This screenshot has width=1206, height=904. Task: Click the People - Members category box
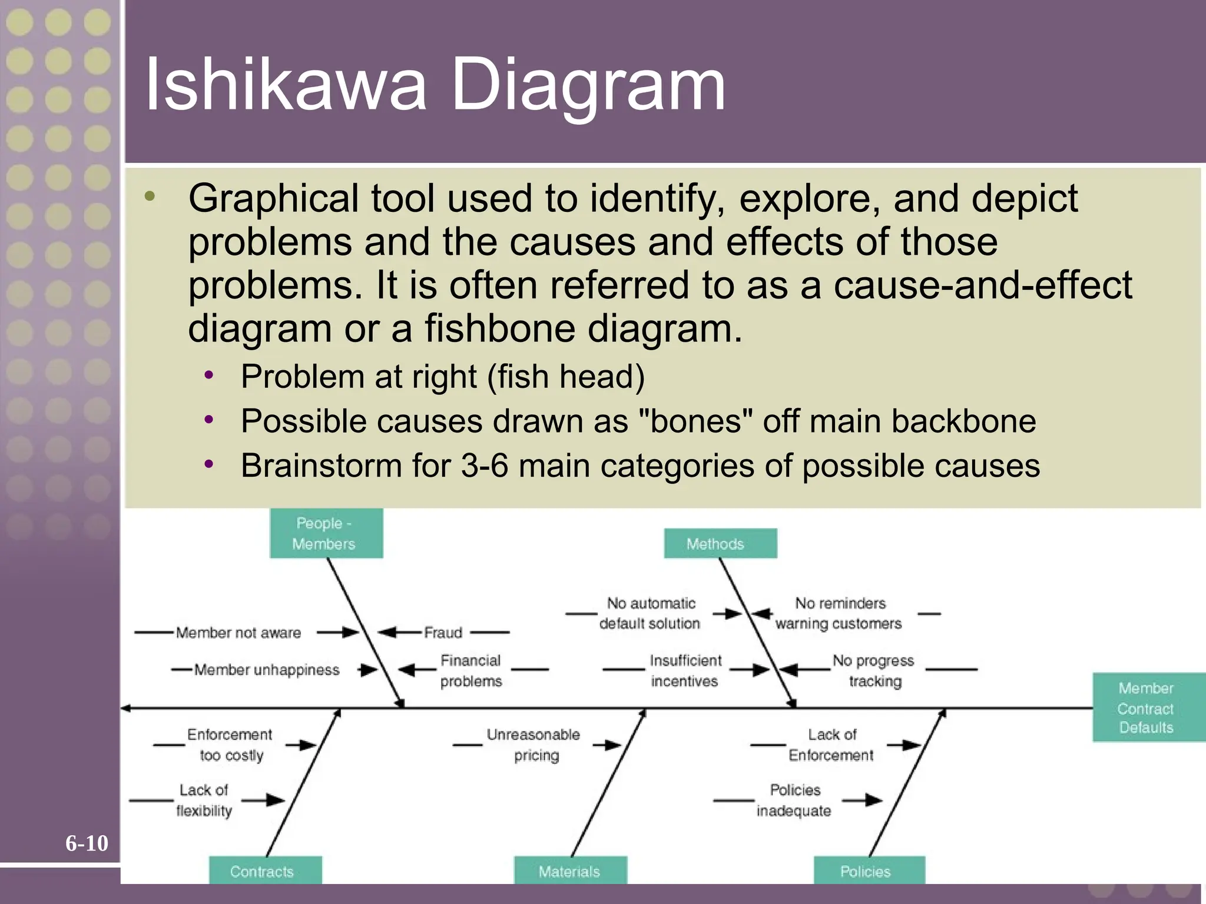326,533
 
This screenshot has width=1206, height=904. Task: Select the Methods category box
720,543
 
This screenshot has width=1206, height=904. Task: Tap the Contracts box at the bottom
265,870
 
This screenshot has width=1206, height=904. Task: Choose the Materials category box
570,870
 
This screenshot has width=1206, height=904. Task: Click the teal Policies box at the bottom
869,870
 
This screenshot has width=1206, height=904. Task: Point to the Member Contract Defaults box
1147,707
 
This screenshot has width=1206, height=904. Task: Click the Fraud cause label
443,633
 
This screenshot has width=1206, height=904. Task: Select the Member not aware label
238,633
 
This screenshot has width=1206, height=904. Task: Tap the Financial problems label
471,670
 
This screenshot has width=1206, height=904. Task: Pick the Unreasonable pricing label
534,745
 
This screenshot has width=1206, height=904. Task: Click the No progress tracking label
874,670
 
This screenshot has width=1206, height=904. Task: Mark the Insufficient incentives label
685,670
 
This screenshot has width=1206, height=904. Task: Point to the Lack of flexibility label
204,800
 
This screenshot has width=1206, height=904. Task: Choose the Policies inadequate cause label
794,800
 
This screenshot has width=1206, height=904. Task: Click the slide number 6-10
87,843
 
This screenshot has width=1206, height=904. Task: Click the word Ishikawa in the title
285,85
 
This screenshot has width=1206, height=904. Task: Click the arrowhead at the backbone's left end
125,708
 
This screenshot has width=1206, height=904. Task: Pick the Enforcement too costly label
230,745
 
